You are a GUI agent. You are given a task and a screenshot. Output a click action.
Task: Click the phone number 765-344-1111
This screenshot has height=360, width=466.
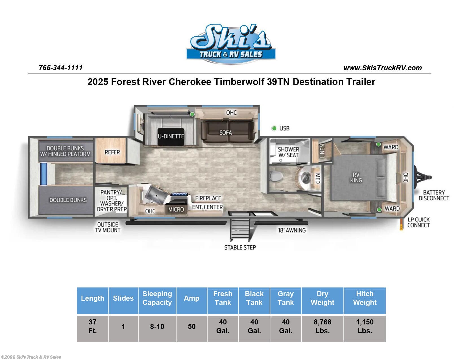[61, 68]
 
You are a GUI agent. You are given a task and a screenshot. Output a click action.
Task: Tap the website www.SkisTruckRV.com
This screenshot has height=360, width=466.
[382, 68]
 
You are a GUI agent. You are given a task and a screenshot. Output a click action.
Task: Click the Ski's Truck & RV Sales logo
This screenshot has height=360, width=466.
[231, 44]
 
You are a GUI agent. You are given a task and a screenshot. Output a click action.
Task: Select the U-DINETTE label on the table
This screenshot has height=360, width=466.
[171, 136]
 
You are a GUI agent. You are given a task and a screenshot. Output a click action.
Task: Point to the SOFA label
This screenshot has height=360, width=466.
[226, 133]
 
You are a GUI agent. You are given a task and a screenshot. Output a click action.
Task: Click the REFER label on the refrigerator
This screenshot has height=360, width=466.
[112, 152]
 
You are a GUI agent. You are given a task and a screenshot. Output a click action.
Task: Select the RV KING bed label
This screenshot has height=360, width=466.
[356, 178]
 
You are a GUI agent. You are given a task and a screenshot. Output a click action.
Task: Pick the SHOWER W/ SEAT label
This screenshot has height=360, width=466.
[288, 152]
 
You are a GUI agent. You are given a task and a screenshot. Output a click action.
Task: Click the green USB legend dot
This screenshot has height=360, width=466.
[274, 128]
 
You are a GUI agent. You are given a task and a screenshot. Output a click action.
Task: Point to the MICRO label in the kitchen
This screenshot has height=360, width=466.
[176, 210]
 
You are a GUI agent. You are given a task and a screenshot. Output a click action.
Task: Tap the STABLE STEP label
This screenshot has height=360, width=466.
[240, 248]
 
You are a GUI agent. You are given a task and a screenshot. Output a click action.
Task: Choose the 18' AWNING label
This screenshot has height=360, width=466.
[292, 230]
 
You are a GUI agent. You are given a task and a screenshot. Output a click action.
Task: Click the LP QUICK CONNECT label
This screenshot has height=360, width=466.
[419, 222]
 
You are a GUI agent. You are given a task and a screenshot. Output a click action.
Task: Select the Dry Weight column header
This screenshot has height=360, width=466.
[322, 298]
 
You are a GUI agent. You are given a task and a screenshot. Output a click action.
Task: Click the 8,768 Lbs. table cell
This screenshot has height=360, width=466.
[322, 326]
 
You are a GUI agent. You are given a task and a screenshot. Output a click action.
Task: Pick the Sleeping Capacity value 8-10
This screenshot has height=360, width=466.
[157, 327]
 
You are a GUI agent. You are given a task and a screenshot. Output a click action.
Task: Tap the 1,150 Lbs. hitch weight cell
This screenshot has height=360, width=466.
[365, 326]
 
